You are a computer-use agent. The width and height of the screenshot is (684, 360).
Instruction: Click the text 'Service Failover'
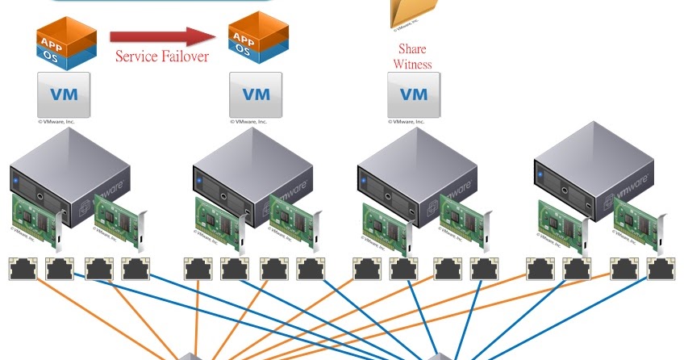pos(161,57)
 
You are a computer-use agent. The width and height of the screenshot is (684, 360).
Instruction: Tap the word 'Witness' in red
pos(412,64)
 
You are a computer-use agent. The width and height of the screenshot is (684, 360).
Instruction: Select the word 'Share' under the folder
pos(411,49)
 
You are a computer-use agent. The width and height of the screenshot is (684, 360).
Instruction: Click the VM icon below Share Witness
pos(414,95)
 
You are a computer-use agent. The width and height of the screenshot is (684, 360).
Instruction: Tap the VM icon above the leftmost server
pos(64,95)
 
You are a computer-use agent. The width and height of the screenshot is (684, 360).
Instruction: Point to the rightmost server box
pos(595,170)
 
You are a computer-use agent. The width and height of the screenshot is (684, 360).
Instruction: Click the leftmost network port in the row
pos(22,269)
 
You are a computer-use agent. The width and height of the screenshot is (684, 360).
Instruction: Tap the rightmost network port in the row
pos(660,269)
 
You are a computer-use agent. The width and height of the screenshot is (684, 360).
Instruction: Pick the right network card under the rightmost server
pos(640,220)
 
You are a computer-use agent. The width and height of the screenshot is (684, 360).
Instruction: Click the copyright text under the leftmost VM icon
pos(60,123)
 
